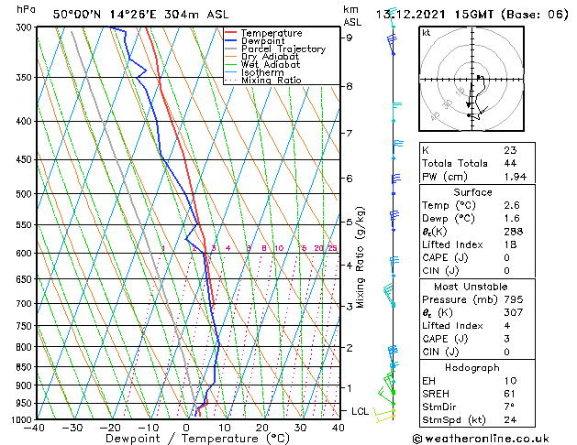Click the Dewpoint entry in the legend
tap(271, 41)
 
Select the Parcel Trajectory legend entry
tap(283, 49)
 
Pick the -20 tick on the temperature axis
tap(110, 428)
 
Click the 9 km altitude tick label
tap(349, 38)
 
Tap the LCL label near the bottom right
tap(360, 412)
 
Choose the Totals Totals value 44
tap(509, 162)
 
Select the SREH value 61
tap(509, 393)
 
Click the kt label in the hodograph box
tap(426, 32)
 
